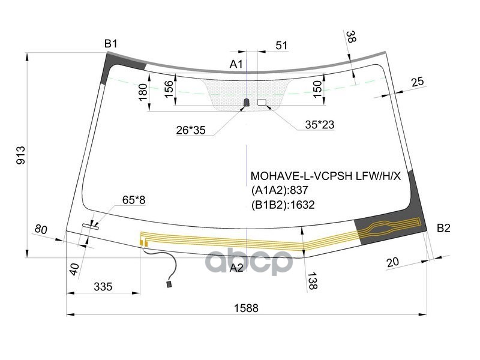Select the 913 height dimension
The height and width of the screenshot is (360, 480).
pos(20,155)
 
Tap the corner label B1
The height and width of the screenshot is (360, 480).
pos(111,43)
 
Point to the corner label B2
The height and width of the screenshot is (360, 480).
pos(443,228)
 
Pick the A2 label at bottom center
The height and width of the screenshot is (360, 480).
pos(237,268)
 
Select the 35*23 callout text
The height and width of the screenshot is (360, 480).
pos(319,125)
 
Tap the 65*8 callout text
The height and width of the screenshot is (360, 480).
pos(133,200)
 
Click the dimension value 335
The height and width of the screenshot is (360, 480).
pos(103,287)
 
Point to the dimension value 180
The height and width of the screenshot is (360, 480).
pos(143,92)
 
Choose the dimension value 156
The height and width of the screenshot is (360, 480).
pos(169,88)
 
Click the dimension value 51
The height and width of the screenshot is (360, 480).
pos(281,45)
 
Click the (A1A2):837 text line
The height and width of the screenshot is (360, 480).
pos(280,191)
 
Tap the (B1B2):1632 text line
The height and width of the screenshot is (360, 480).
pos(283,205)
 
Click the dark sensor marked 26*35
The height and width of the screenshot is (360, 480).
pos(246,103)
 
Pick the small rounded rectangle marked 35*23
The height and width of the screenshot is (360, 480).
pos(262,103)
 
